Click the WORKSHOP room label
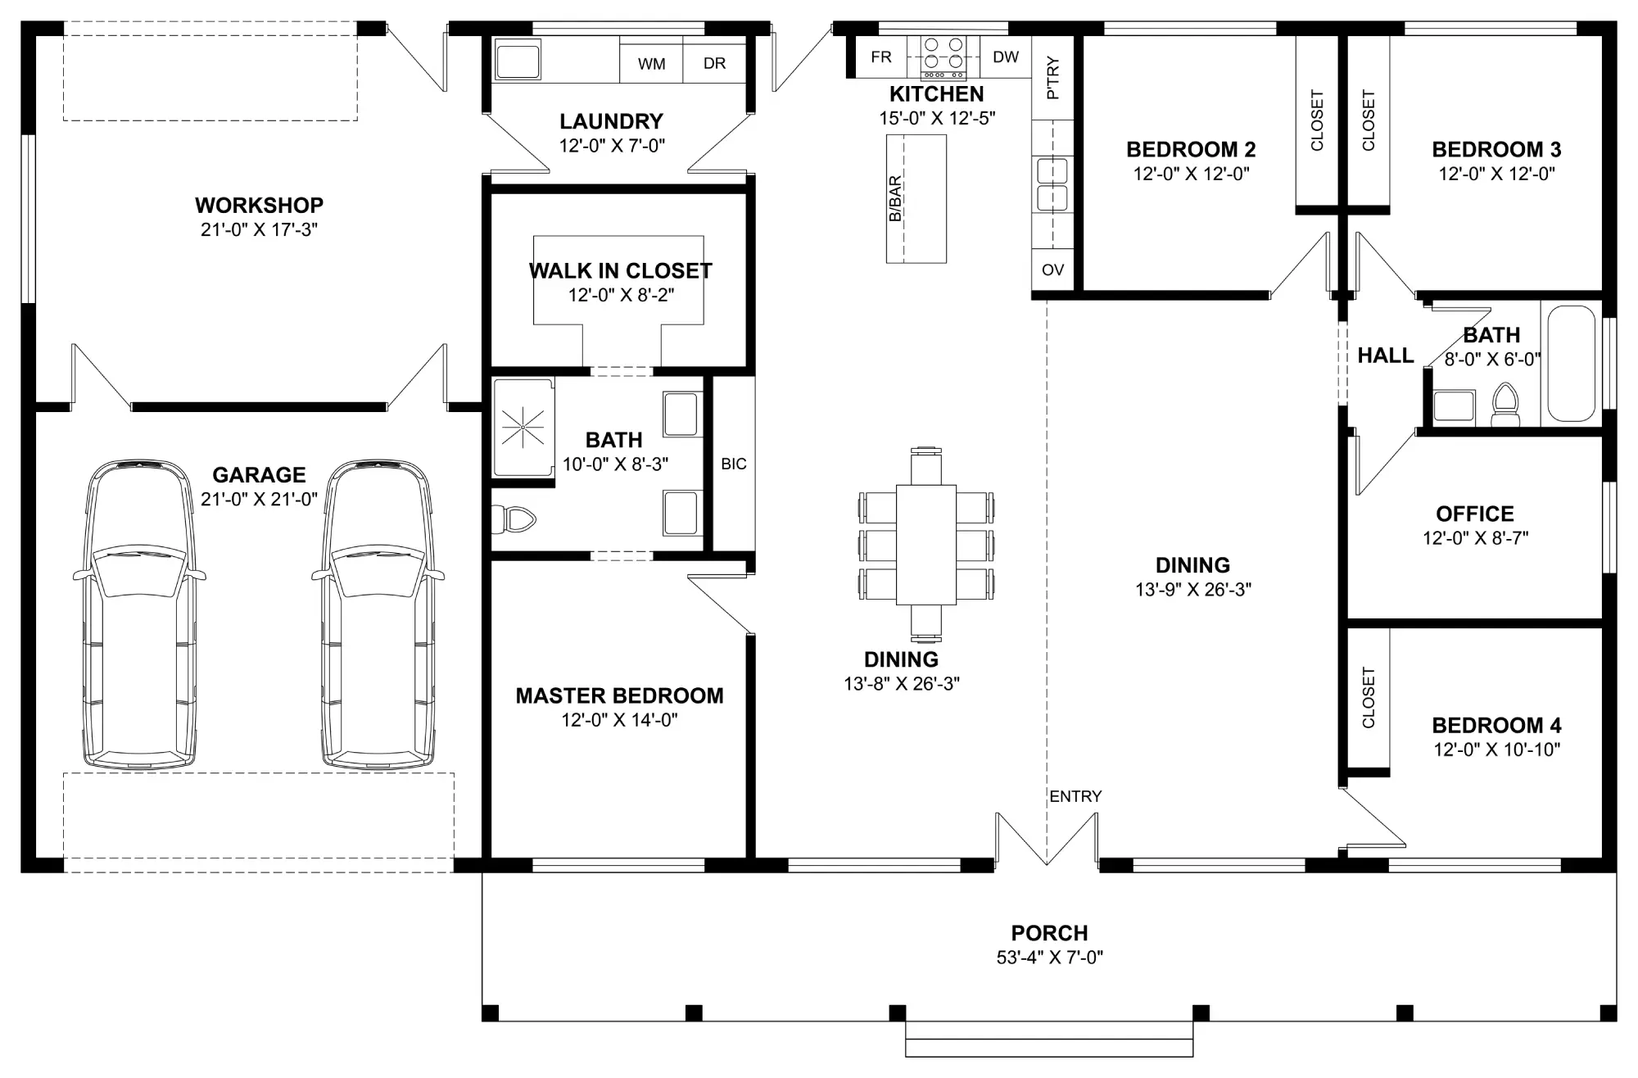[x=259, y=205]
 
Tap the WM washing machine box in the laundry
[x=651, y=60]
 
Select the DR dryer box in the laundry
[x=714, y=60]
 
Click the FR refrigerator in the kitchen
[x=881, y=57]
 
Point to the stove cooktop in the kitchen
[x=943, y=57]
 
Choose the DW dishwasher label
[x=1006, y=57]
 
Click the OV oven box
[x=1052, y=269]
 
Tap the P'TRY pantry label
[x=1053, y=79]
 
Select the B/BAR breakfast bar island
[x=916, y=199]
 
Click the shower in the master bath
[x=523, y=427]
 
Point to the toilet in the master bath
[x=513, y=518]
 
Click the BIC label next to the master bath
[x=734, y=464]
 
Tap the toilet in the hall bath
[x=1505, y=406]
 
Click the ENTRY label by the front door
[x=1075, y=796]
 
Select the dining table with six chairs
[x=926, y=544]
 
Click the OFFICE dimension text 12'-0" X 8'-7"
[x=1475, y=538]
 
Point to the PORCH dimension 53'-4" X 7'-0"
[x=1050, y=957]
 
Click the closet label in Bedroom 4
[x=1369, y=698]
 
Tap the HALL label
[x=1386, y=356]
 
